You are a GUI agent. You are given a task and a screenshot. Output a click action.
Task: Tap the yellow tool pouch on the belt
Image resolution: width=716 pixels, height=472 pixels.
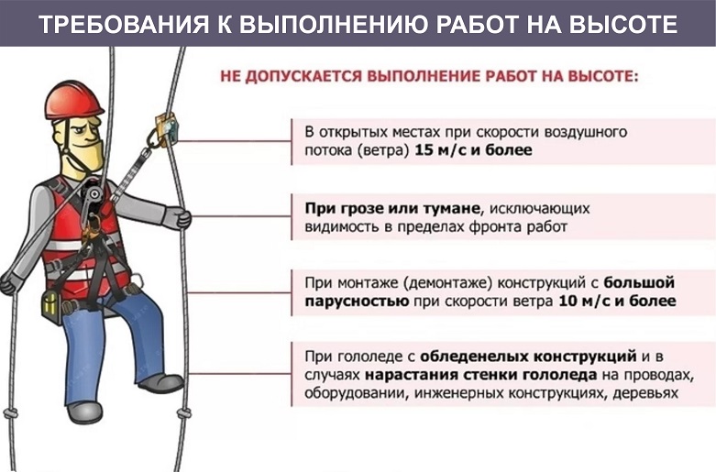[x=51, y=307]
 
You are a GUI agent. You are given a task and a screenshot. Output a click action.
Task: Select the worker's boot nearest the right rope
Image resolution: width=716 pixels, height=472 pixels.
[x=161, y=384]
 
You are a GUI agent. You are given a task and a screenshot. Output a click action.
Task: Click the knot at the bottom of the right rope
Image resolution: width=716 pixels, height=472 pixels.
[x=184, y=413]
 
